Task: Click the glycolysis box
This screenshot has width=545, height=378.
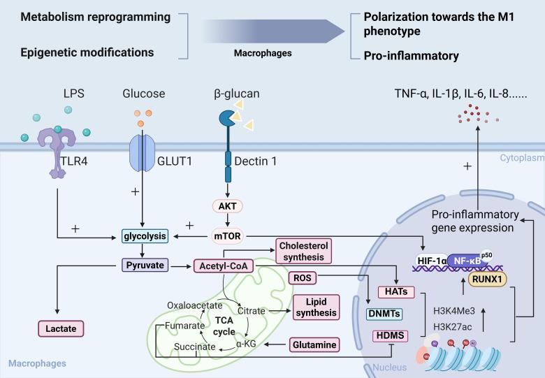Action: [x=144, y=237]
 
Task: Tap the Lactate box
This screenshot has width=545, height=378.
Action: [x=60, y=326]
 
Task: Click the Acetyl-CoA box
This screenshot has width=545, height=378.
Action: [x=221, y=265]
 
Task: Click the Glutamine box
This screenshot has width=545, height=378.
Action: [x=314, y=344]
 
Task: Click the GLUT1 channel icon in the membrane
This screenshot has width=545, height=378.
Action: [x=143, y=151]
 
